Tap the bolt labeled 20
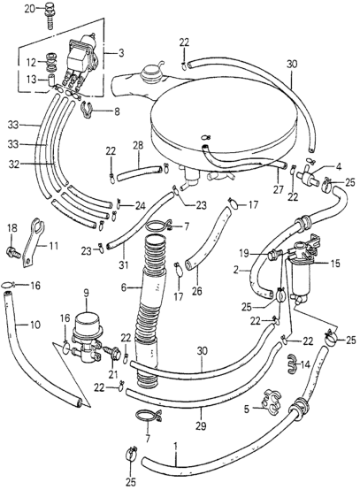click(51, 12)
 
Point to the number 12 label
click(30, 62)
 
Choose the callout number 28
click(137, 144)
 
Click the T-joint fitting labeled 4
click(312, 177)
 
